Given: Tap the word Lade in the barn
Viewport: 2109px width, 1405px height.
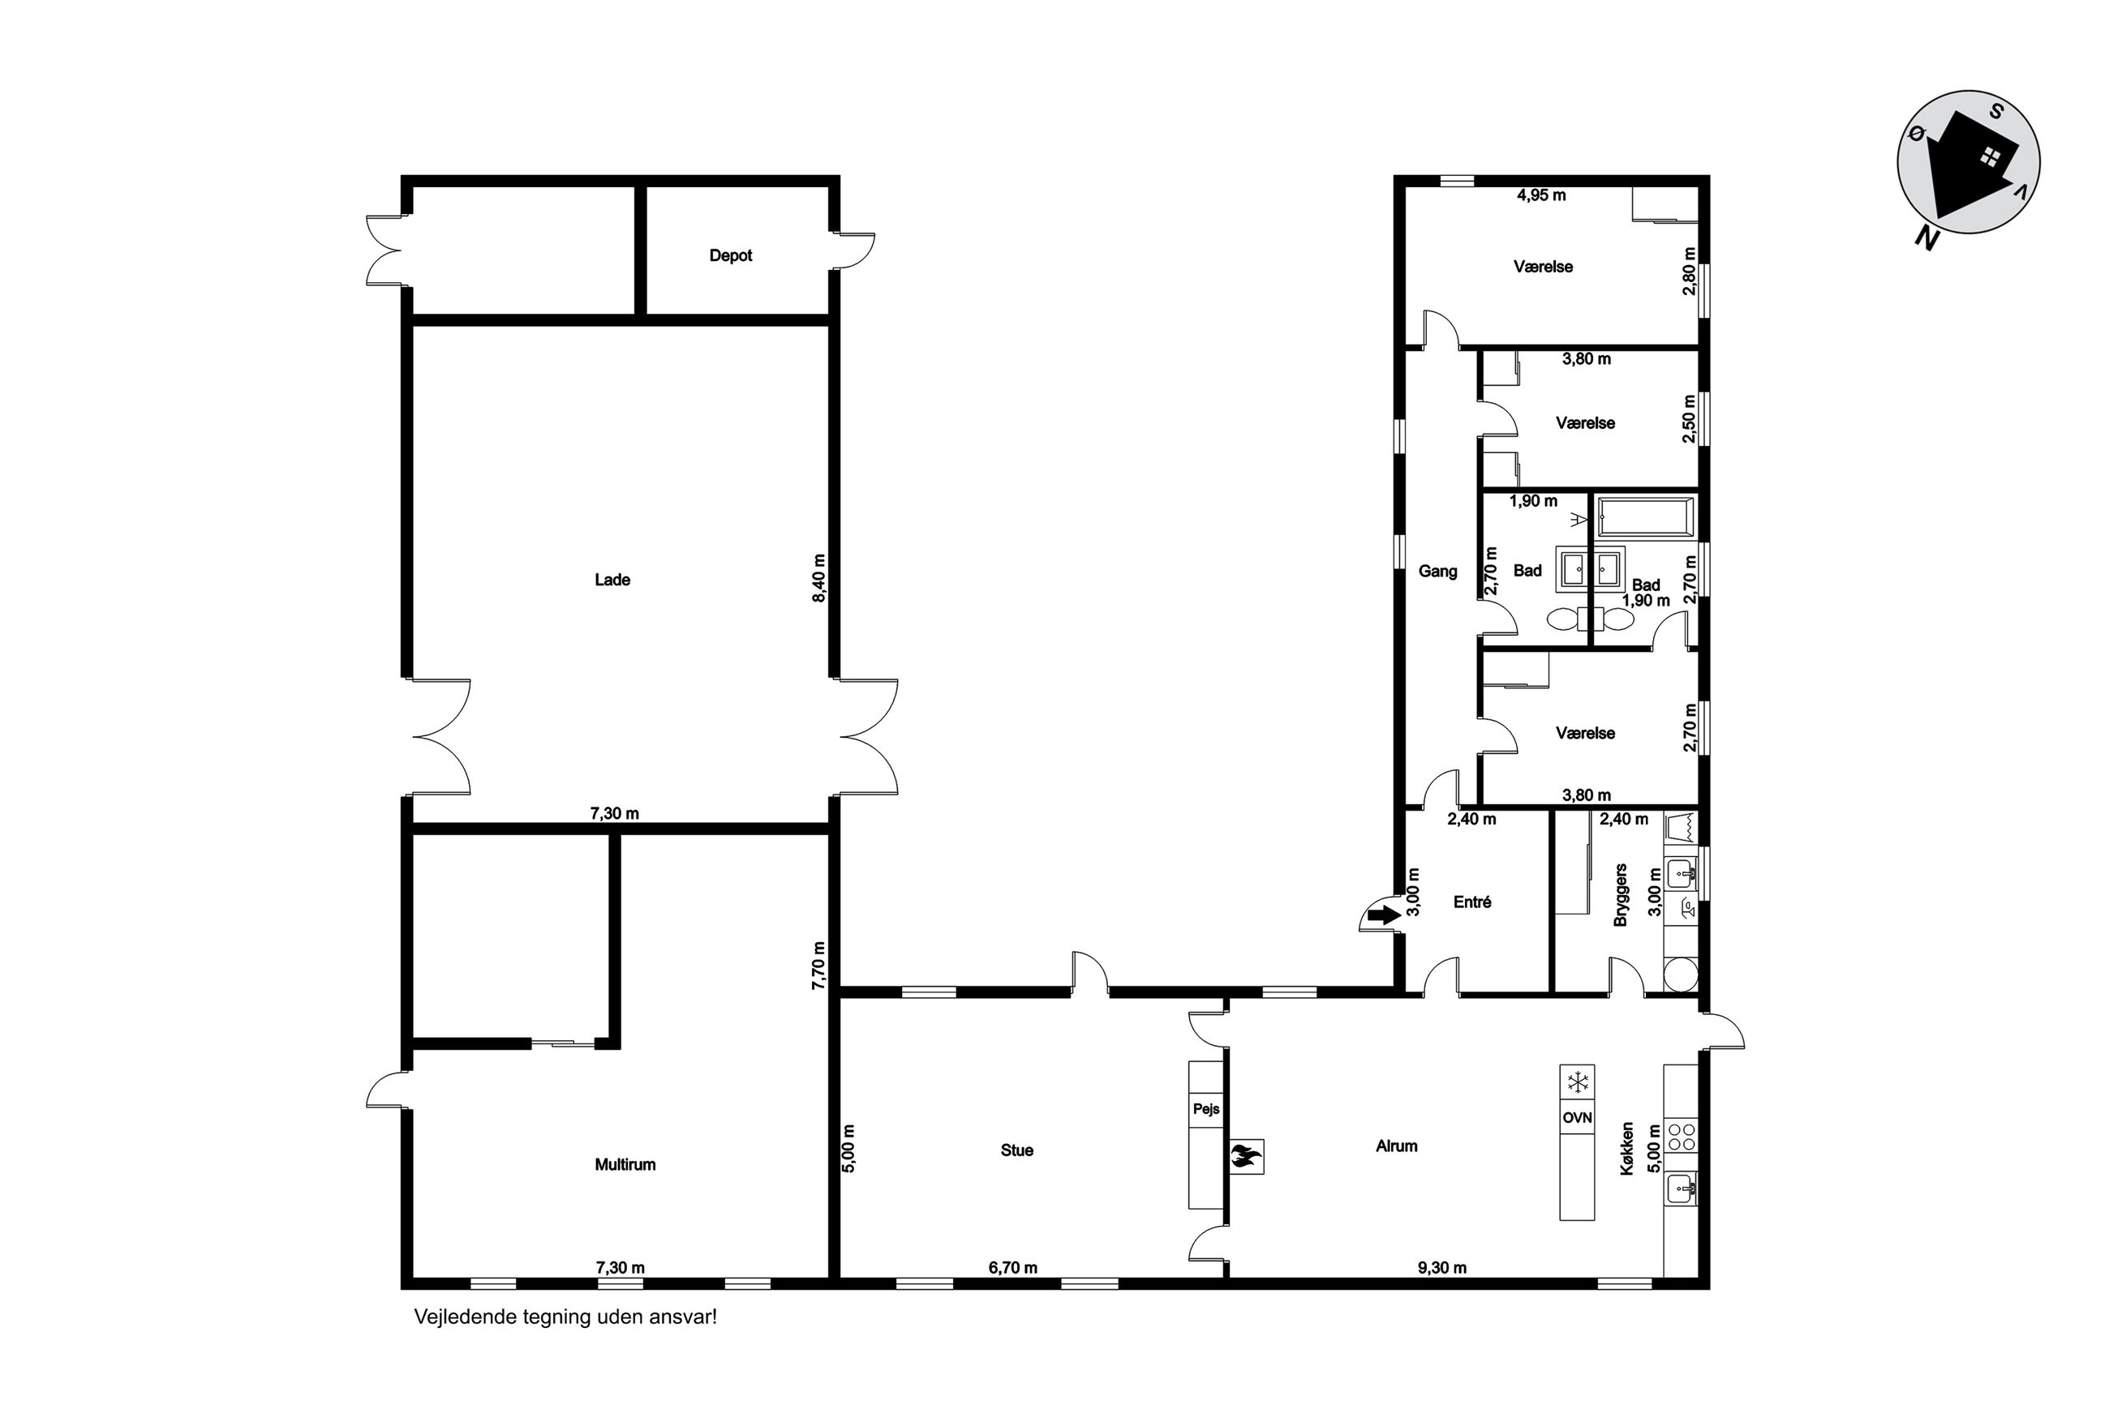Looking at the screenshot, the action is pyautogui.click(x=612, y=580).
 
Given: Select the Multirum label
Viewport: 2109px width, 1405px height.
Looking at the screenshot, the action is pyautogui.click(x=625, y=1165).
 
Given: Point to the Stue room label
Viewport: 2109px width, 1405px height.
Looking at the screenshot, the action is pyautogui.click(x=1016, y=1150).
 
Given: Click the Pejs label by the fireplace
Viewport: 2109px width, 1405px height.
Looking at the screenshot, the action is pyautogui.click(x=1205, y=1109).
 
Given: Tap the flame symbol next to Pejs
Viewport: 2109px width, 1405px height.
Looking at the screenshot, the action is pyautogui.click(x=1246, y=1157).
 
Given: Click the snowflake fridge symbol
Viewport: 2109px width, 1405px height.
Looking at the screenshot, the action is pyautogui.click(x=1577, y=1082).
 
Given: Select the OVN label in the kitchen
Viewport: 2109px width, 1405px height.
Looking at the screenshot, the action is pyautogui.click(x=1577, y=1117).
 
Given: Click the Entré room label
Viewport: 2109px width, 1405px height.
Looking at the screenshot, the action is pyautogui.click(x=1471, y=902).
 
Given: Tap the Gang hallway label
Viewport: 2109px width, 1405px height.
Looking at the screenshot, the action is pyautogui.click(x=1437, y=571).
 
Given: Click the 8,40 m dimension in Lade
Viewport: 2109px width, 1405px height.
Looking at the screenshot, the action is pyautogui.click(x=818, y=578).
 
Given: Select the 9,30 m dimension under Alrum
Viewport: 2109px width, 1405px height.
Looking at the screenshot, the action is pyautogui.click(x=1442, y=1268).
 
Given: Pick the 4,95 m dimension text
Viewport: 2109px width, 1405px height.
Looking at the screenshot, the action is pyautogui.click(x=1540, y=195).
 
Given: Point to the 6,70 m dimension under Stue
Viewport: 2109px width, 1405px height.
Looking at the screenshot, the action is pyautogui.click(x=1013, y=1268).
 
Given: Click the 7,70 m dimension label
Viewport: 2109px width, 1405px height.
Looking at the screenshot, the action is pyautogui.click(x=818, y=965).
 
